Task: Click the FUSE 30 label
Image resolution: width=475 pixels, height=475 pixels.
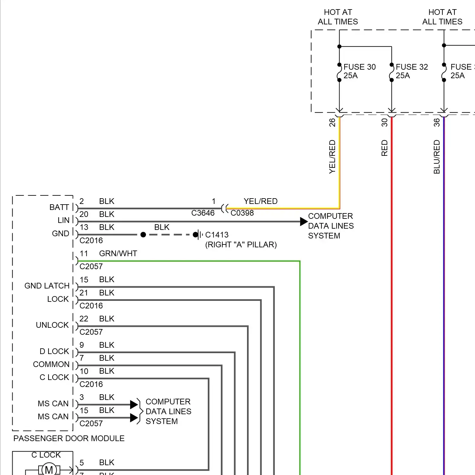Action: [x=359, y=67]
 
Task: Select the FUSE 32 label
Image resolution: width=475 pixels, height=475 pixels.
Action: [x=412, y=67]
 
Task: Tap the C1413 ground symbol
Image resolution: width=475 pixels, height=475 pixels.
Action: [x=199, y=235]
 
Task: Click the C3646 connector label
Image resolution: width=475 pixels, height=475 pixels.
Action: [x=203, y=213]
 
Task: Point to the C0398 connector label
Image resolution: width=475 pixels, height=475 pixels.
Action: [x=242, y=213]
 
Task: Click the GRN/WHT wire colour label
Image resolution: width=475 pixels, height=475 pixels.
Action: [x=118, y=254]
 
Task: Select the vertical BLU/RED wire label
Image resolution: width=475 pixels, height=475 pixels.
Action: [x=437, y=157]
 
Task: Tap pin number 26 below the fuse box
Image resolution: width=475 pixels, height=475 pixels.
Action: [x=332, y=123]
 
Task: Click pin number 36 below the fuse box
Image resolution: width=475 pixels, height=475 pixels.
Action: [x=437, y=123]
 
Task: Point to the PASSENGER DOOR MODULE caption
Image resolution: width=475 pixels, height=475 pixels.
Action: [x=69, y=439]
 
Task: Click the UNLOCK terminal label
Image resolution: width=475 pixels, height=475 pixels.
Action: [x=52, y=325]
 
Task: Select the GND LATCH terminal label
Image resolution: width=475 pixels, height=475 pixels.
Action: [x=47, y=286]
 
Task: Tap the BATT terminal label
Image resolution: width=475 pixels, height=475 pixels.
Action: [x=59, y=207]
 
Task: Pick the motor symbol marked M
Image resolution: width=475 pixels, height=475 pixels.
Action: [x=49, y=470]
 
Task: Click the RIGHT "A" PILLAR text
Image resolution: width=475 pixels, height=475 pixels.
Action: [x=241, y=245]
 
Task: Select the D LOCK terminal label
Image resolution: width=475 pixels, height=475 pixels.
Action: [x=54, y=351]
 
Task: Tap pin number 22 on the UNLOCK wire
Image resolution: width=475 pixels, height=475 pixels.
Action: [x=84, y=319]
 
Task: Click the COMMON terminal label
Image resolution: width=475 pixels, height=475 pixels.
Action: [x=51, y=364]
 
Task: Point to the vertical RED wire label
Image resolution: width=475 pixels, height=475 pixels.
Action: [x=384, y=148]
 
